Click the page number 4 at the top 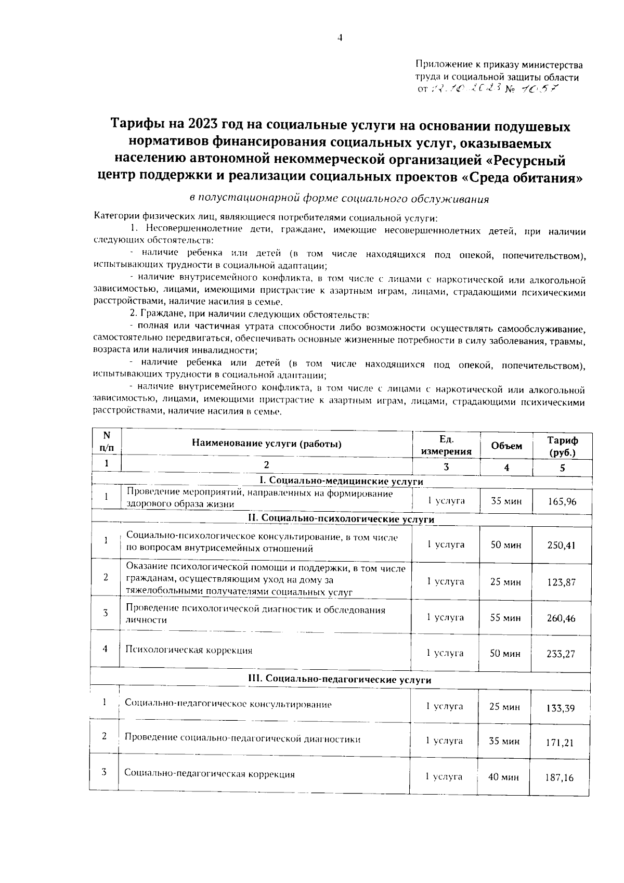click(x=340, y=37)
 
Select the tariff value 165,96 click(x=562, y=502)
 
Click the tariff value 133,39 click(x=561, y=708)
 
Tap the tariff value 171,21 click(x=560, y=743)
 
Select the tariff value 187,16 click(x=560, y=778)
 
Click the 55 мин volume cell click(x=505, y=618)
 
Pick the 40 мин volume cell click(x=503, y=777)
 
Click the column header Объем click(x=506, y=446)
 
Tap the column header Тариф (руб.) click(x=562, y=446)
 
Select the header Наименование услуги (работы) click(x=267, y=444)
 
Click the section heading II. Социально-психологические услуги click(x=341, y=519)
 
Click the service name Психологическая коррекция click(x=189, y=651)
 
